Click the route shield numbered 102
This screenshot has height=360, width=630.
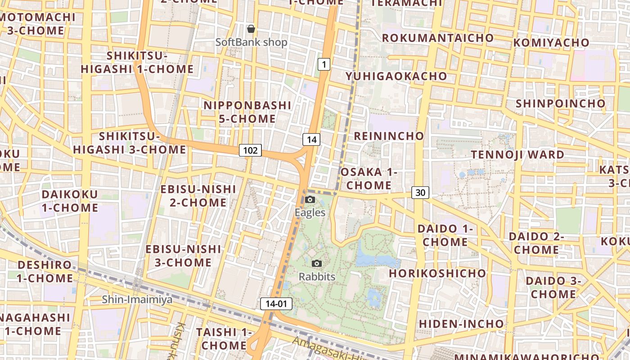click(x=250, y=150)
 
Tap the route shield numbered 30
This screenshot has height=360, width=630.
click(x=420, y=193)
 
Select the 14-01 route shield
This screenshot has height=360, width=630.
click(x=276, y=304)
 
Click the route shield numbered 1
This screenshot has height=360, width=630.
click(x=324, y=65)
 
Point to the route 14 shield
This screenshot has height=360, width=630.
click(x=311, y=139)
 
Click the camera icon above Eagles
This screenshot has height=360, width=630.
click(x=310, y=199)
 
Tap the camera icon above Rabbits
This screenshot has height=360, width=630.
click(x=317, y=263)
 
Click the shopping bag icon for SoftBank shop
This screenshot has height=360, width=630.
click(x=251, y=29)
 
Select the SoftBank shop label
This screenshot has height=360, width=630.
click(x=251, y=42)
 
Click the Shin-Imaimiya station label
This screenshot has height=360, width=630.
click(x=137, y=299)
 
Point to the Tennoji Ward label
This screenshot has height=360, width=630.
click(x=517, y=154)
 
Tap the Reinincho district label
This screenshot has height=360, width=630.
click(x=389, y=136)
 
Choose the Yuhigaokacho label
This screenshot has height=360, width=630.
click(x=396, y=76)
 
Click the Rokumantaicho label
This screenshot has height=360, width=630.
click(x=438, y=38)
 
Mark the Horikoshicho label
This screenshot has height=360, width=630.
click(x=437, y=273)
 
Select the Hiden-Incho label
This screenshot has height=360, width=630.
click(x=461, y=324)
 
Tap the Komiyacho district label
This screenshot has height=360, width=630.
click(x=558, y=43)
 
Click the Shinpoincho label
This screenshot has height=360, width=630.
click(x=561, y=103)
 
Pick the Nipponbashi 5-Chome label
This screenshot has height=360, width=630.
click(x=247, y=112)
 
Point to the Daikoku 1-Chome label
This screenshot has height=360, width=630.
click(x=70, y=201)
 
